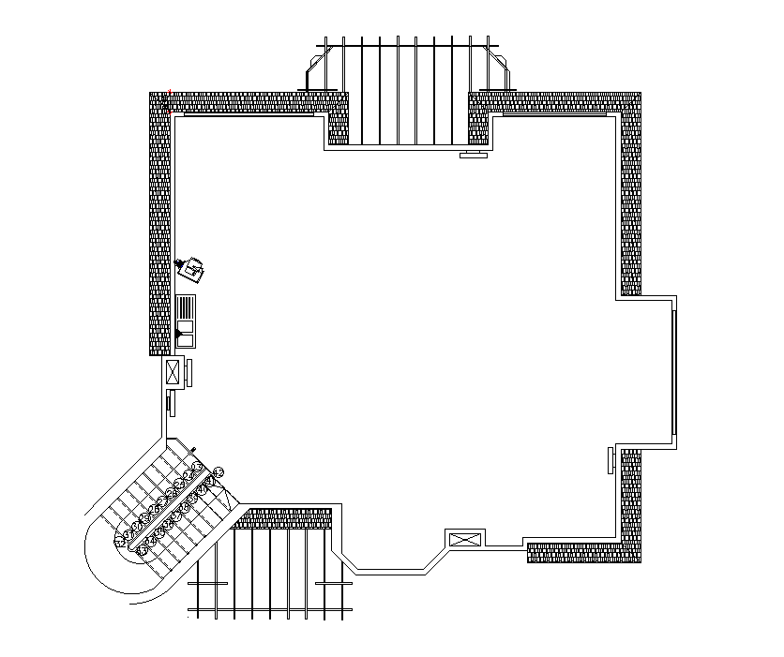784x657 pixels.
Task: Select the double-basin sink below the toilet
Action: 186,316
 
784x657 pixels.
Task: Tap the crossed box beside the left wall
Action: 173,372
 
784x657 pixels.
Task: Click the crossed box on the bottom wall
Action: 465,539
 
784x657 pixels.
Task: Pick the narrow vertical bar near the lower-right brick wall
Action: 611,460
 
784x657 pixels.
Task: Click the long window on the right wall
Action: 674,372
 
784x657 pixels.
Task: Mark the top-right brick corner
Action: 629,103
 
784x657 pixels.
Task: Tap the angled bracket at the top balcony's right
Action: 499,71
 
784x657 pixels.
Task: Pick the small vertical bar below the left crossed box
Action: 170,403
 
